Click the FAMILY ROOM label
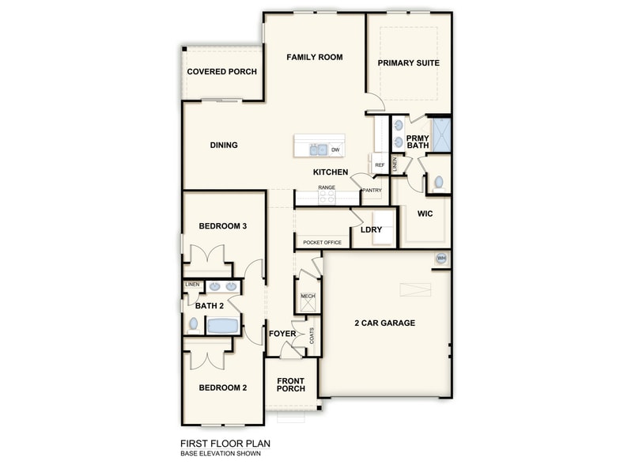click(x=314, y=57)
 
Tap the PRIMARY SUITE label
click(x=408, y=63)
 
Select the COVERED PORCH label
click(x=221, y=72)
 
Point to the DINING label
click(x=224, y=146)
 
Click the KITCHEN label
click(x=331, y=172)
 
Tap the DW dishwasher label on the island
click(x=335, y=149)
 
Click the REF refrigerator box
click(x=380, y=164)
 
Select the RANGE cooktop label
click(x=327, y=187)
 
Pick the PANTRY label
click(x=372, y=191)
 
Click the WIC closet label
click(x=425, y=214)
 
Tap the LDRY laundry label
click(x=372, y=230)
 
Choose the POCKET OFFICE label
click(x=322, y=243)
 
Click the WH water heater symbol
click(x=441, y=259)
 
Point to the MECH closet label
click(x=308, y=297)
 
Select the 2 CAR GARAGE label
click(x=384, y=323)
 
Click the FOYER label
click(x=282, y=334)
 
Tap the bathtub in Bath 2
click(x=223, y=325)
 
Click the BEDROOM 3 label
click(x=223, y=226)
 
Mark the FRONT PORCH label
click(x=290, y=385)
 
